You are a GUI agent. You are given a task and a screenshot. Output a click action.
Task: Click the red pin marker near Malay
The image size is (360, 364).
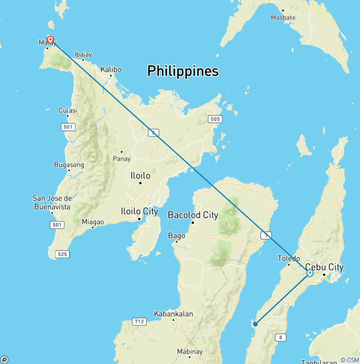50,40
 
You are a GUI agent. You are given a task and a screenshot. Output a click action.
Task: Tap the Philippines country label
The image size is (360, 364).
183,71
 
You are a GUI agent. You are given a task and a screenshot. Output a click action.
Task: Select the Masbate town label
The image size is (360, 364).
283,17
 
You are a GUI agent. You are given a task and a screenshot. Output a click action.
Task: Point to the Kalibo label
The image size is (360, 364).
111,69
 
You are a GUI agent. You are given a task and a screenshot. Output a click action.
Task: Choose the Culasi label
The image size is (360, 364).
67,110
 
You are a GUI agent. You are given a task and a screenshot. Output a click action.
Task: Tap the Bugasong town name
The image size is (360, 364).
69,165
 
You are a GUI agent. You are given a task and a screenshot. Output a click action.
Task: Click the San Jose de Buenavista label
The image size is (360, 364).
52,202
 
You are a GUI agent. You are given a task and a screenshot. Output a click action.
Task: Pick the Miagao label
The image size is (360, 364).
92,221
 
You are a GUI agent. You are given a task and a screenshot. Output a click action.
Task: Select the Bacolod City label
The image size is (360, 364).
193,215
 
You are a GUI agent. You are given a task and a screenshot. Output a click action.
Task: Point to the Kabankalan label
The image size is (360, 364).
173,314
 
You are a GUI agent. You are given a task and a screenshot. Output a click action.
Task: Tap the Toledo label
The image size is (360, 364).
289,258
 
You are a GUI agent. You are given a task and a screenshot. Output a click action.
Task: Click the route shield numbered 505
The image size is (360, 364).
215,119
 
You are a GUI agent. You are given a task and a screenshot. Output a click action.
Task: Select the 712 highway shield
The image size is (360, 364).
139,322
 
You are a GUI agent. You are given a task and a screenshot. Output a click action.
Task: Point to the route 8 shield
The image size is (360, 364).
280,337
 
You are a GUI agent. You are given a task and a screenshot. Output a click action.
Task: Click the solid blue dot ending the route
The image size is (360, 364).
255,324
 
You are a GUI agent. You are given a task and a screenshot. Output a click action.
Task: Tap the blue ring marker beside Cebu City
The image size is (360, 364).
309,273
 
